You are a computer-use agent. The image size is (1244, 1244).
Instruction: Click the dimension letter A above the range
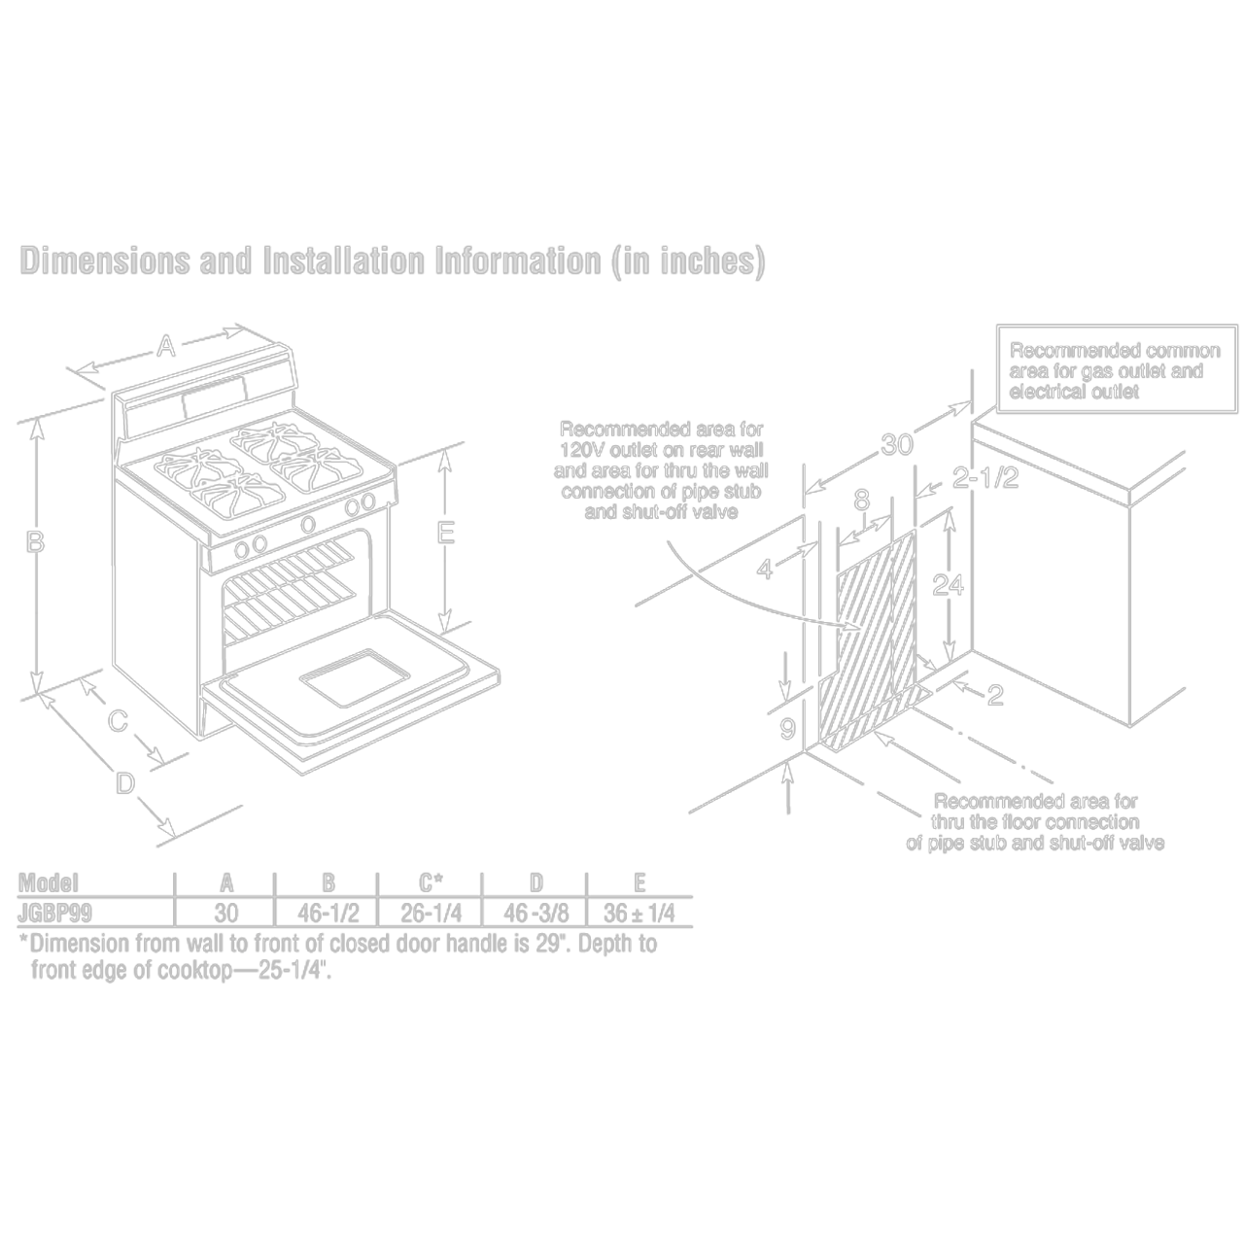pyautogui.click(x=166, y=345)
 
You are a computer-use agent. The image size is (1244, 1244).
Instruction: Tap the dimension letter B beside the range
pyautogui.click(x=35, y=542)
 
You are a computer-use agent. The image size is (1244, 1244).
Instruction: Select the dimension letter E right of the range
pyautogui.click(x=445, y=533)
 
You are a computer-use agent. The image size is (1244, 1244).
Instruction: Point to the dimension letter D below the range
pyautogui.click(x=124, y=781)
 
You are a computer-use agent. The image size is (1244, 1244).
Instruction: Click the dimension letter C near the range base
pyautogui.click(x=117, y=721)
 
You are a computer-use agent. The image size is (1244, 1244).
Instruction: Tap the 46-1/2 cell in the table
pyautogui.click(x=328, y=914)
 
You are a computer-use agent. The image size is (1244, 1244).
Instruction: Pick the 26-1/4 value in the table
pyautogui.click(x=431, y=914)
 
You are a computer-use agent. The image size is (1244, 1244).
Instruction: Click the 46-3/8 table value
pyautogui.click(x=536, y=914)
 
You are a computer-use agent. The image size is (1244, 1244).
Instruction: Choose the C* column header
pyautogui.click(x=431, y=882)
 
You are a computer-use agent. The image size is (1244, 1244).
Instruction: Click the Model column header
pyautogui.click(x=49, y=882)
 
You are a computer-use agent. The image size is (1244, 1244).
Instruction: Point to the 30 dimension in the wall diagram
pyautogui.click(x=897, y=445)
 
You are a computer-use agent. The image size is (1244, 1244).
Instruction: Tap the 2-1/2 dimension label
pyautogui.click(x=985, y=478)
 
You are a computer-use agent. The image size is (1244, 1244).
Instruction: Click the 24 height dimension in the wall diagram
pyautogui.click(x=948, y=584)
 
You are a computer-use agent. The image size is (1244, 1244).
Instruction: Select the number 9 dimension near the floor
pyautogui.click(x=788, y=728)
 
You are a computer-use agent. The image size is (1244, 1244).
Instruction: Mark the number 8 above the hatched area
pyautogui.click(x=861, y=501)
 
